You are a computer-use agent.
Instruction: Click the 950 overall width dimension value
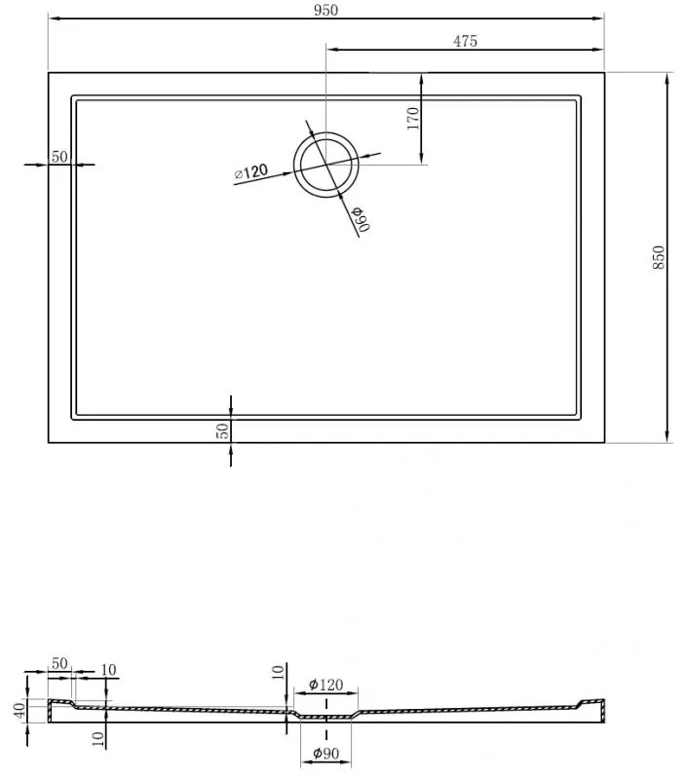325,10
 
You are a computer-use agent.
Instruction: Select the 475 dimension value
465,41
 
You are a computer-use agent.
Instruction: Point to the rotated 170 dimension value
412,118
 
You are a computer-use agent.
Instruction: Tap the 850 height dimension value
658,257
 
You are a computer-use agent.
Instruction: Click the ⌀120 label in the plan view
251,172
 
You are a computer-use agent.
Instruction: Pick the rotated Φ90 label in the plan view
362,218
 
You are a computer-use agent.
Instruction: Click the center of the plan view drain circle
325,165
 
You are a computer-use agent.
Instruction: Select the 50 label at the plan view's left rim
59,157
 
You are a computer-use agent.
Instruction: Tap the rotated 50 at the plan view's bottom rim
224,430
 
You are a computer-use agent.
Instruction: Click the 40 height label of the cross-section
19,711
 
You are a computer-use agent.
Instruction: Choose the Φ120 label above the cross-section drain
325,685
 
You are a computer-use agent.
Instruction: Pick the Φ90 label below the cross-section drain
326,753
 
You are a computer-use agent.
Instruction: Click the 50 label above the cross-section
59,663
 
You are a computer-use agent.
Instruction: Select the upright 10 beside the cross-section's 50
108,670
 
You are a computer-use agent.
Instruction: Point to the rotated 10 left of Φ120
279,672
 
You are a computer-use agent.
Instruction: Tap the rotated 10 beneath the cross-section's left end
99,739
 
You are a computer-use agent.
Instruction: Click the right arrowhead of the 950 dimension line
598,19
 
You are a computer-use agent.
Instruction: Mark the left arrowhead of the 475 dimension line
332,50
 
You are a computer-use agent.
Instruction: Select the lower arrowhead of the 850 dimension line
667,435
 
